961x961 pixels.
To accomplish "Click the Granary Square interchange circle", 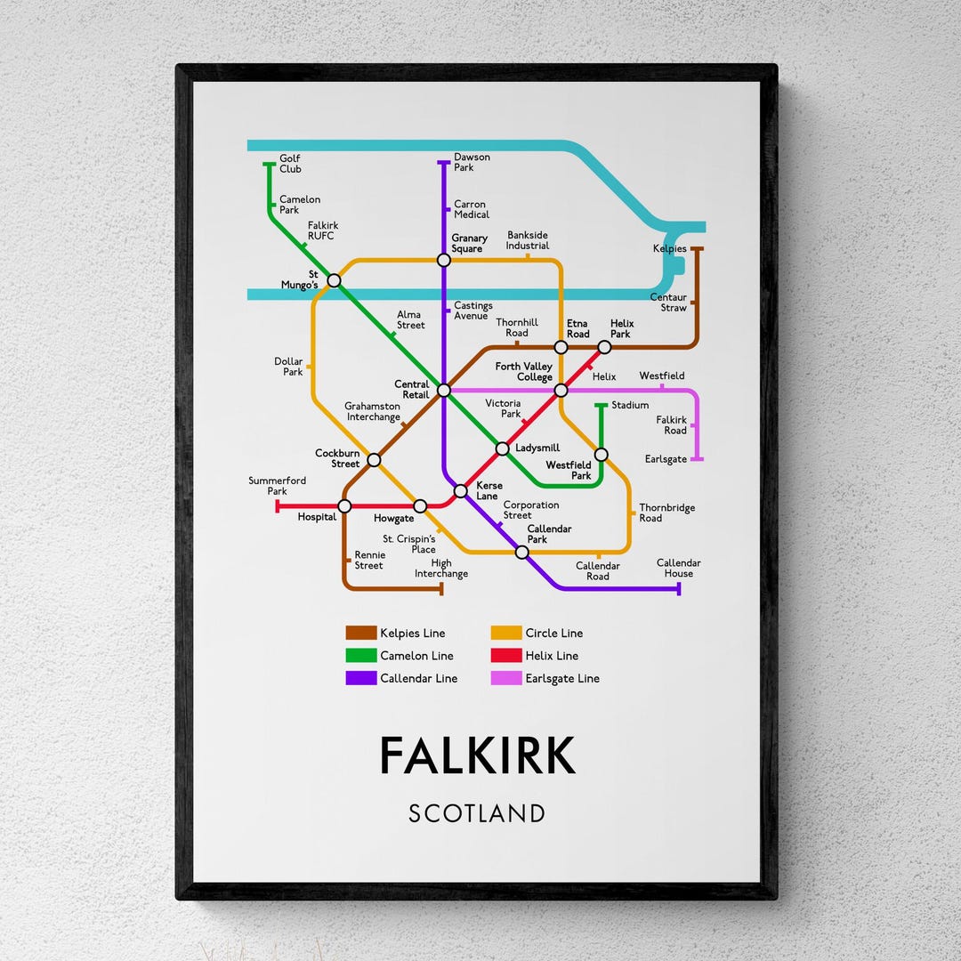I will (443, 260).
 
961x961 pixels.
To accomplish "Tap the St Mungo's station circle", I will (334, 280).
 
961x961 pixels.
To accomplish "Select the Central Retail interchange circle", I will (443, 390).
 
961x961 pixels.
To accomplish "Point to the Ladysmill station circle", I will (502, 448).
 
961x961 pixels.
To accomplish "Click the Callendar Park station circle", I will (522, 552).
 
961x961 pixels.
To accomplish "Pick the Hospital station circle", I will (344, 506).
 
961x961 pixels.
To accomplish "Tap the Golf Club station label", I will (290, 164).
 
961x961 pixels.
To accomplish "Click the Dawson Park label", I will (472, 162).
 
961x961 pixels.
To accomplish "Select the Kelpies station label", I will (669, 249).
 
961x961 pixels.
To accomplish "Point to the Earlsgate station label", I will (666, 459).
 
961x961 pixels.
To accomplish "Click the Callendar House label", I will (679, 568).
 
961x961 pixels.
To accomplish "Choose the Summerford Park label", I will (277, 486).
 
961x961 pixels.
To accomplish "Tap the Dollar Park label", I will (288, 367).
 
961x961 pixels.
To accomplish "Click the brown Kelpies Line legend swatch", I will (361, 634).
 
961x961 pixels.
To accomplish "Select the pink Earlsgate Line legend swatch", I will (506, 678).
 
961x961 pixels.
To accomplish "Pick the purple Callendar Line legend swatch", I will (361, 678).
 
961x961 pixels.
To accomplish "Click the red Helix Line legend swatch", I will (506, 656).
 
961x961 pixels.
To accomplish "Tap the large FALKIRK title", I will (477, 756).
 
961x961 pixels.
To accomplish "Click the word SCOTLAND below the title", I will (477, 813).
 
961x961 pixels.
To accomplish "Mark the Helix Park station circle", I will (604, 347).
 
